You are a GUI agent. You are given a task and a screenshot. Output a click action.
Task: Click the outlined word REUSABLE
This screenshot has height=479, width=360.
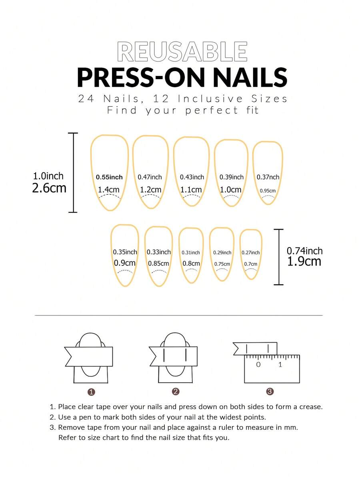[182, 52]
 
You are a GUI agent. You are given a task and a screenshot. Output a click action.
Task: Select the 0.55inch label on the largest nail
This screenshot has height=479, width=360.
[109, 177]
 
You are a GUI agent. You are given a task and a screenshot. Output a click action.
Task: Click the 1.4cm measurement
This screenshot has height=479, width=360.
[109, 190]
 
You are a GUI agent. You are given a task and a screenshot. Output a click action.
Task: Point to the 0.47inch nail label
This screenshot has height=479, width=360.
[150, 177]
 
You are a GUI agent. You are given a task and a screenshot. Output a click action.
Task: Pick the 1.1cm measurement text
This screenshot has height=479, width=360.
[191, 190]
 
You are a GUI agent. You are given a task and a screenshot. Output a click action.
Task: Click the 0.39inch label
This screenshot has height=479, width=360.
[231, 177]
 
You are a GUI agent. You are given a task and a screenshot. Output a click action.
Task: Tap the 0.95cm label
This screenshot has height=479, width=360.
[268, 191]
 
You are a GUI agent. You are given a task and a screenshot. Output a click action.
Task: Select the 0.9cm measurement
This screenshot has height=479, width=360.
[125, 263]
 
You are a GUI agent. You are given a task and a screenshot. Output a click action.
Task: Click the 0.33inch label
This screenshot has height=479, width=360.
[158, 252]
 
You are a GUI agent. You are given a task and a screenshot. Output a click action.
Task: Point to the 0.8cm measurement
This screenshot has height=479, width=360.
[191, 263]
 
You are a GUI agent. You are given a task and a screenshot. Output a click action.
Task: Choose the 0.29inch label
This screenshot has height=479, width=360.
[222, 252]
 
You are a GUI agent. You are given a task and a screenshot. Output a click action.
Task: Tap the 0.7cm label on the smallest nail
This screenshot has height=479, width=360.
[250, 264]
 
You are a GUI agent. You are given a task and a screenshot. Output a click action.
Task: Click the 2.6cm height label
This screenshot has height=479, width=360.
[49, 188]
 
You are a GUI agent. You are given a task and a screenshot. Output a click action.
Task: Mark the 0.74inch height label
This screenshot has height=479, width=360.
[304, 251]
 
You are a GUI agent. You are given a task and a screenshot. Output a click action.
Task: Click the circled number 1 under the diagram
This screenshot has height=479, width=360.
[91, 392]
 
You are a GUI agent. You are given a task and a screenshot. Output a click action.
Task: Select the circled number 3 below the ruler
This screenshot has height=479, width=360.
[270, 392]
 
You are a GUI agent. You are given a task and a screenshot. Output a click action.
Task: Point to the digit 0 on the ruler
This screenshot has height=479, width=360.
[258, 365]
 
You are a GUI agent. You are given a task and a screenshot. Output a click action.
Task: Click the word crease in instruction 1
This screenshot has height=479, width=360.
[311, 407]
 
